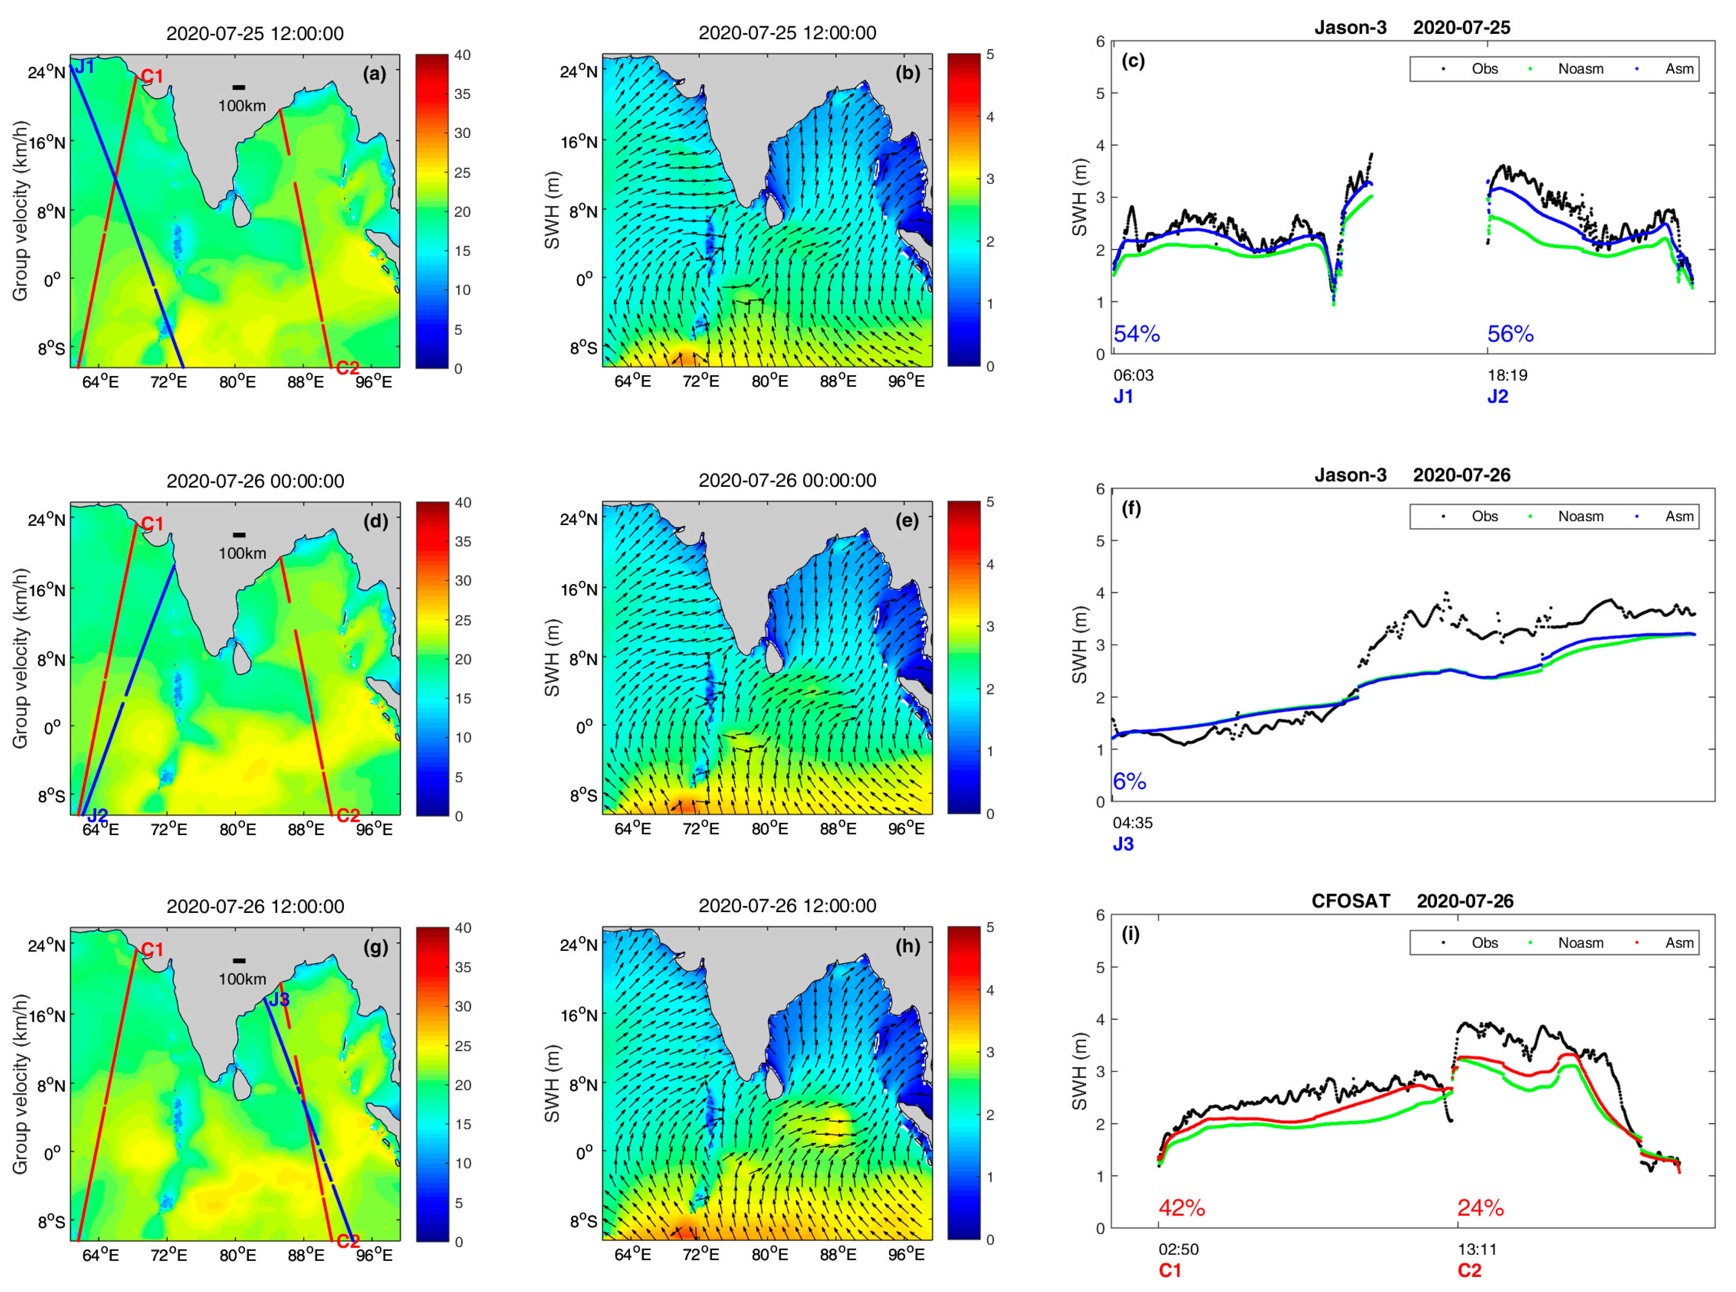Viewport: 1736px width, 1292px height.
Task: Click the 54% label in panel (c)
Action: [1136, 334]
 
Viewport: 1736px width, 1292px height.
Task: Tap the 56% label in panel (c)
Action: [1510, 334]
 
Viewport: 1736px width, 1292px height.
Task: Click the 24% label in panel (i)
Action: [1480, 1208]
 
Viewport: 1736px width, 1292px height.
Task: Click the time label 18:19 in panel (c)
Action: [1507, 376]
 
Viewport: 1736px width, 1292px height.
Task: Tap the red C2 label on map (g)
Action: [347, 1241]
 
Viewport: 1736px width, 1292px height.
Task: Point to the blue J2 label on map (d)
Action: [97, 816]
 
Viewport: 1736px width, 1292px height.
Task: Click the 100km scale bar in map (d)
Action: [239, 535]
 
